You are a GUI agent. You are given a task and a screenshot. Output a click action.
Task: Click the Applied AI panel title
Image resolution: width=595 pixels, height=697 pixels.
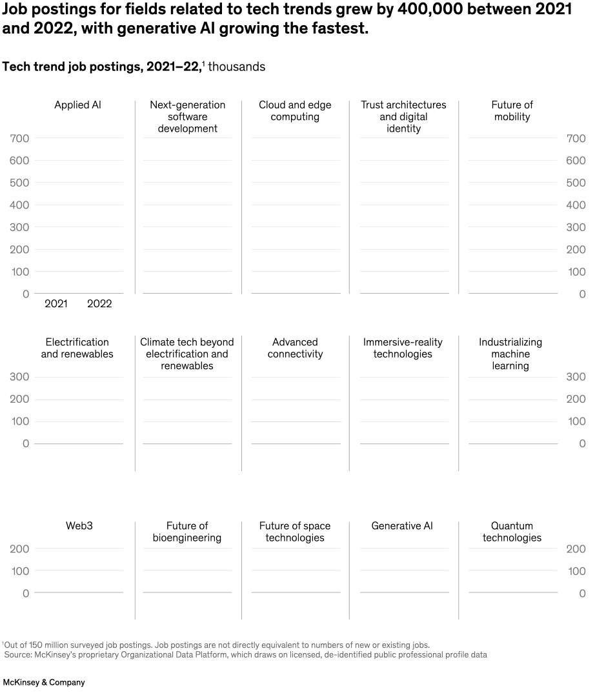(x=77, y=105)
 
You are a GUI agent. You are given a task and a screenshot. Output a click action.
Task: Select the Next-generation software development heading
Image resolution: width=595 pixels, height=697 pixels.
(x=187, y=117)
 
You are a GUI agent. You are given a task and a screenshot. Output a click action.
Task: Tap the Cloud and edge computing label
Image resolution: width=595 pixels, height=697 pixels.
(x=295, y=111)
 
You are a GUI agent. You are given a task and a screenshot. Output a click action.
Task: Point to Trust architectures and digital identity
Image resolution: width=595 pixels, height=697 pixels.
(x=403, y=117)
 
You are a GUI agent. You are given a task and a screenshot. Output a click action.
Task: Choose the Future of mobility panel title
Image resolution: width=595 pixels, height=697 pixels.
(x=512, y=111)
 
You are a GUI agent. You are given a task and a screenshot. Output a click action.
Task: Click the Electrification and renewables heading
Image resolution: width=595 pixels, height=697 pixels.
(x=77, y=348)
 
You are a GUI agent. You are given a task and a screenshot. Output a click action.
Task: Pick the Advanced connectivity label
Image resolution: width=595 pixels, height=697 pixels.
(x=295, y=348)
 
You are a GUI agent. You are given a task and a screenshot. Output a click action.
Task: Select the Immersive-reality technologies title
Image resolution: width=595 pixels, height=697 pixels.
(x=403, y=348)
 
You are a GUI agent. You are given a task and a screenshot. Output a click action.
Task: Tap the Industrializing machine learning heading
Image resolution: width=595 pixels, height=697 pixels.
(x=510, y=354)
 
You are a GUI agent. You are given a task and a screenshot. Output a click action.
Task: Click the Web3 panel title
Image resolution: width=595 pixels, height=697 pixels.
(x=79, y=526)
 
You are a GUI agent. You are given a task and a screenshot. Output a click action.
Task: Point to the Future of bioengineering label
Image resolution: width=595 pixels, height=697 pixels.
(x=187, y=532)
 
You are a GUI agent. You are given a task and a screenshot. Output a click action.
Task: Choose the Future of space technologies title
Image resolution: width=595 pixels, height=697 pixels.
(x=295, y=532)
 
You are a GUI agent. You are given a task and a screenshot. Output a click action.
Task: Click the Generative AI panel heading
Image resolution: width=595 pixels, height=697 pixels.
(x=402, y=526)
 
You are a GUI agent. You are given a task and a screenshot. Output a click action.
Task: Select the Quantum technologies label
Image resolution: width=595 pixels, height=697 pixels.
(x=512, y=532)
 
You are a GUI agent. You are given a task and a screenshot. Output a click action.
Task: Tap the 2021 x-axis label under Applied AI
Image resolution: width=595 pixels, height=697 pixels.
(x=55, y=304)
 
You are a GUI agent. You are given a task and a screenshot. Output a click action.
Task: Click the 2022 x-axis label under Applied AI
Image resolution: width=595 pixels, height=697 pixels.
(x=99, y=304)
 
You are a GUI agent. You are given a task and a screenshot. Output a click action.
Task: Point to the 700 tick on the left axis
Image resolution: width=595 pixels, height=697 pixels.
(x=19, y=139)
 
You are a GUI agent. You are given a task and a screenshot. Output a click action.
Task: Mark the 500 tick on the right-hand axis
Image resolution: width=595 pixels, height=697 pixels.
(x=576, y=183)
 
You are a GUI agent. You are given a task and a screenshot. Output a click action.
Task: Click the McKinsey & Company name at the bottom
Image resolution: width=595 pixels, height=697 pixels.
(x=44, y=682)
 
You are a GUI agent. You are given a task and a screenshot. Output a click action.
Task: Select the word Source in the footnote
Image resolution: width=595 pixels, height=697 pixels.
(x=19, y=655)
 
